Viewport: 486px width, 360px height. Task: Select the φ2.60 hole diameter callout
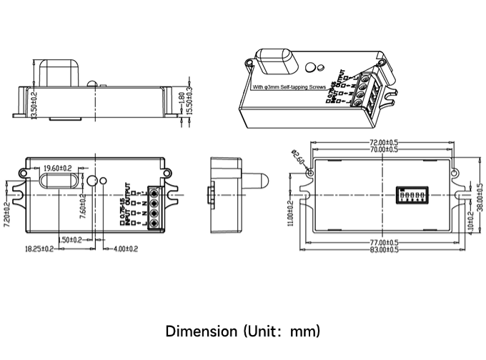(x=299, y=158)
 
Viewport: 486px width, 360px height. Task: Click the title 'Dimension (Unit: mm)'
(x=243, y=331)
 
